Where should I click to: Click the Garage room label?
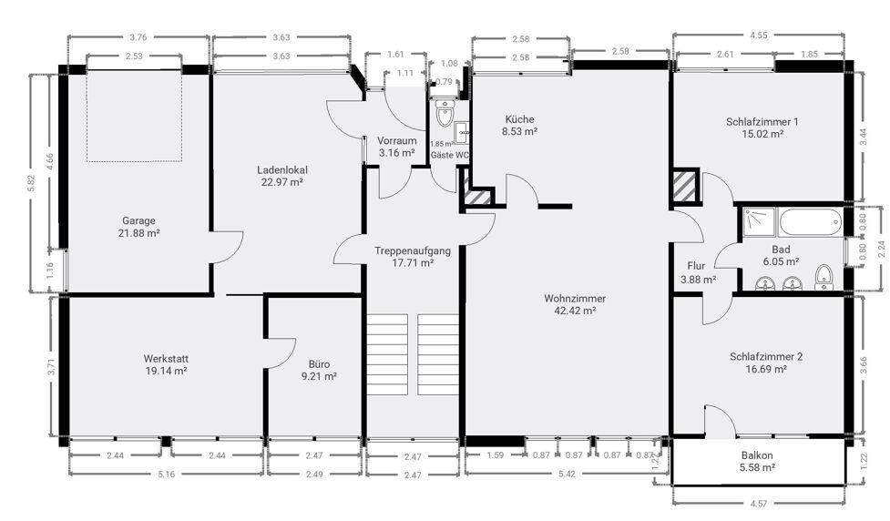[x=138, y=220]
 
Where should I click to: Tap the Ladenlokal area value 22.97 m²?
[x=281, y=182]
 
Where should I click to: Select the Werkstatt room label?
[x=166, y=359]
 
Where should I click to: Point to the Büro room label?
[x=319, y=363]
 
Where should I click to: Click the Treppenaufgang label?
[x=413, y=250]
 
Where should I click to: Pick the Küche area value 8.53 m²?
[x=519, y=132]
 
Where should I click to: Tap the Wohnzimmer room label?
[x=575, y=298]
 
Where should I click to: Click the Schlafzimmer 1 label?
[x=762, y=121]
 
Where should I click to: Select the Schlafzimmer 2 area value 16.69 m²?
[x=766, y=369]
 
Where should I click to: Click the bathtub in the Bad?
[x=811, y=222]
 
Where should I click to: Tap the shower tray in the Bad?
[x=759, y=222]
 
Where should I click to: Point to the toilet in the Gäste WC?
[x=445, y=113]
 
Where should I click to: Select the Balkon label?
[x=757, y=455]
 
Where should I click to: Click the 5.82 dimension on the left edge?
[x=32, y=183]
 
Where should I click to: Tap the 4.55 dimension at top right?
[x=758, y=36]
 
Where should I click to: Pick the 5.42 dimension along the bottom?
[x=567, y=474]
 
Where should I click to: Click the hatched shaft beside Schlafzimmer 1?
[x=686, y=186]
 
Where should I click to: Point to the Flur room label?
[x=696, y=266]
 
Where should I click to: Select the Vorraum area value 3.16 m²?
[x=397, y=153]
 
